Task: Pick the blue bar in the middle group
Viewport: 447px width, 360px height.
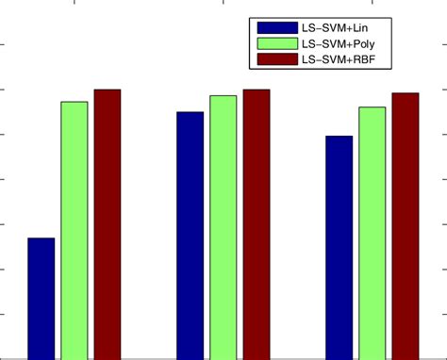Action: pyautogui.click(x=190, y=235)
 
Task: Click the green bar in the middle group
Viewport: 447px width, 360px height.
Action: pyautogui.click(x=223, y=226)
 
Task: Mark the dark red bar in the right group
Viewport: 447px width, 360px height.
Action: pyautogui.click(x=406, y=225)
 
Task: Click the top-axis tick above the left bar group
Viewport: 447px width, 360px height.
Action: pyautogui.click(x=74, y=3)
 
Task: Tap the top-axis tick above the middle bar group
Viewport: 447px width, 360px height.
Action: pyautogui.click(x=223, y=3)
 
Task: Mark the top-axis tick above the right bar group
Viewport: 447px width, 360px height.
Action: pyautogui.click(x=372, y=3)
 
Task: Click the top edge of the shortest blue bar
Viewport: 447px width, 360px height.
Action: pyautogui.click(x=41, y=238)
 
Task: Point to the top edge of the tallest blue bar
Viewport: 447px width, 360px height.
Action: pyautogui.click(x=190, y=112)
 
